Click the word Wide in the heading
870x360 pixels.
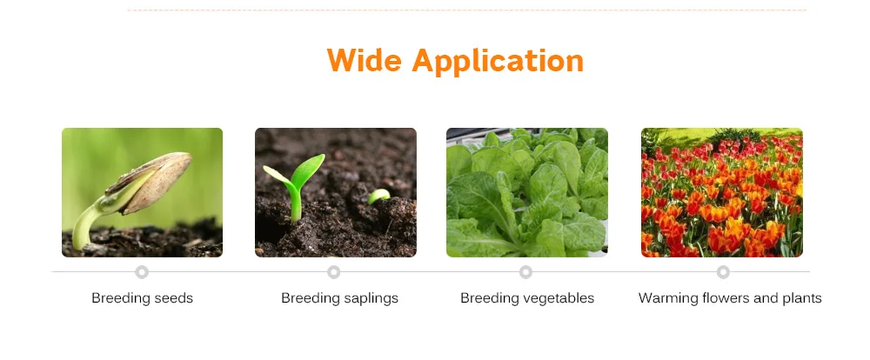click(364, 60)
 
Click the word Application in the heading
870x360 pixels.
click(498, 62)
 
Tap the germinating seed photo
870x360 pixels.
click(142, 192)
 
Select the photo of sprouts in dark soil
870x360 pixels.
click(336, 192)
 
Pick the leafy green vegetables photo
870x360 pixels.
click(527, 192)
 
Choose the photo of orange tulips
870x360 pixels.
click(722, 192)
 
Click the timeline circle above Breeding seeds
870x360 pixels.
click(142, 272)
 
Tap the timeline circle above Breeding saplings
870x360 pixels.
click(333, 272)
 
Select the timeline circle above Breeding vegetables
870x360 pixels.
click(525, 272)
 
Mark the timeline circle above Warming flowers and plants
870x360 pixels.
click(723, 272)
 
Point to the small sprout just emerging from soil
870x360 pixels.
click(379, 196)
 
